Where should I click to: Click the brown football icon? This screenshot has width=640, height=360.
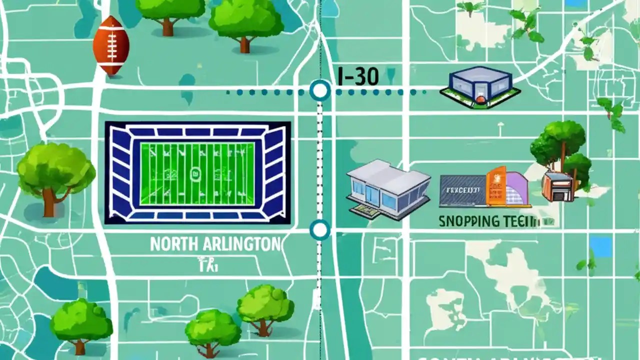(x=111, y=45)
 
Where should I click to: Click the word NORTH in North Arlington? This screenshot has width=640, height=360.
(x=174, y=244)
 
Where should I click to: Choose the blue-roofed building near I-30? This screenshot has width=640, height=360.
(x=480, y=86)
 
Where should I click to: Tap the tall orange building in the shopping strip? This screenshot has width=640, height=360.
(x=496, y=186)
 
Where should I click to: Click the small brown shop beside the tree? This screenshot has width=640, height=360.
(x=557, y=186)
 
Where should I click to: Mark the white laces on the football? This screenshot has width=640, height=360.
(x=111, y=45)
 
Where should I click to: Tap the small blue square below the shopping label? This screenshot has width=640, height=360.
(x=600, y=246)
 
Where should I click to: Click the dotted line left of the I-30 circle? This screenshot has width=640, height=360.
(x=265, y=92)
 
